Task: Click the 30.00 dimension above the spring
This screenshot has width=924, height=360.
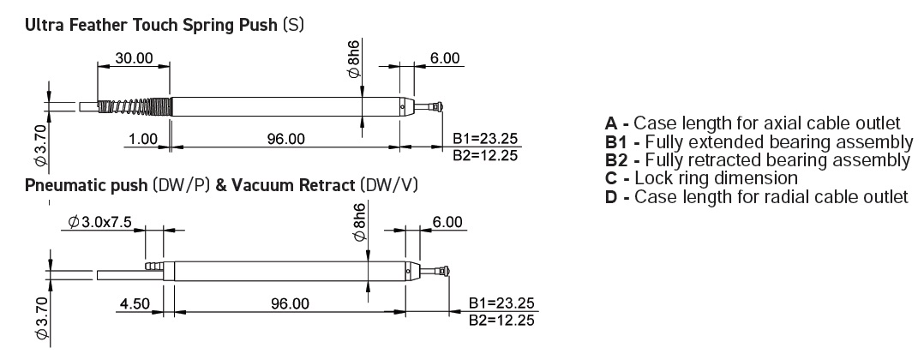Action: click(x=135, y=58)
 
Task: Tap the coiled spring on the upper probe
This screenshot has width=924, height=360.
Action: click(x=135, y=106)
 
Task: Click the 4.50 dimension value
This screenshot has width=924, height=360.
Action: click(x=134, y=303)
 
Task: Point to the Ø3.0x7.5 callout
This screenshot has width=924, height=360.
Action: click(x=99, y=221)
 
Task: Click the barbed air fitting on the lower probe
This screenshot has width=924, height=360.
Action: click(x=156, y=267)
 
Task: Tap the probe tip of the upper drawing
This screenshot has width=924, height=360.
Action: click(x=436, y=106)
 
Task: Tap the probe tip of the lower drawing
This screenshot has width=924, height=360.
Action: click(x=442, y=272)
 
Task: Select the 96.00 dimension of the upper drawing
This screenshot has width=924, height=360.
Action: click(x=285, y=139)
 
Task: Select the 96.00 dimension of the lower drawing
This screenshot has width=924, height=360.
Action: click(x=290, y=303)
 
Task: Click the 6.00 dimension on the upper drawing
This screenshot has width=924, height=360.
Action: click(x=444, y=58)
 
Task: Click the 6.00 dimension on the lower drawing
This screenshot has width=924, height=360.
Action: click(x=447, y=222)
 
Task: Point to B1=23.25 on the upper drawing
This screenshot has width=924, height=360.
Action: click(x=484, y=139)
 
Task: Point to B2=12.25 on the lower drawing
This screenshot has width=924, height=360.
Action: click(x=501, y=320)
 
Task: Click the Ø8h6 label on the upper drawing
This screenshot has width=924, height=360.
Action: click(x=354, y=59)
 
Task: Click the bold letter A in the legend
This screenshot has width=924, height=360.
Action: click(x=611, y=123)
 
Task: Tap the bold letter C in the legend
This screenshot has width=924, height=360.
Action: click(x=611, y=178)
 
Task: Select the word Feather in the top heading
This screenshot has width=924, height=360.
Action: click(x=88, y=26)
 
